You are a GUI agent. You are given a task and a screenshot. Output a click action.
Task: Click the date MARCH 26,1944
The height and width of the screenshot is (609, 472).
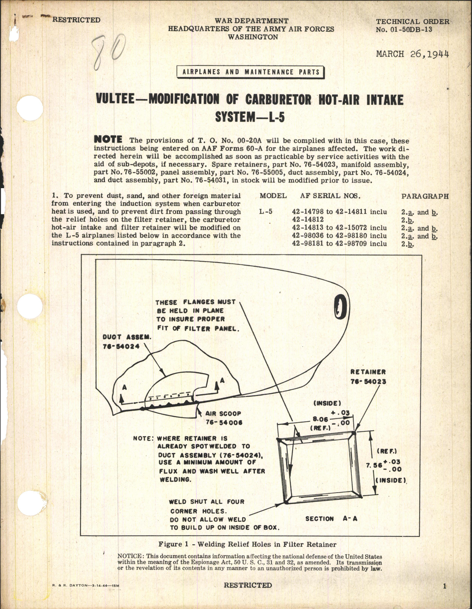(412, 54)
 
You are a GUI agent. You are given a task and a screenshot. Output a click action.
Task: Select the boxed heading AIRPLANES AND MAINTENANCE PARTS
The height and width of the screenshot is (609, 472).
(251, 72)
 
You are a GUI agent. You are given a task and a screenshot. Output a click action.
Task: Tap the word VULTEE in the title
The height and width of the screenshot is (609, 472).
(119, 100)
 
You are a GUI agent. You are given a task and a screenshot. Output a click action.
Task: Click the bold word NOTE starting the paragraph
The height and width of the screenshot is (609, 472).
(108, 140)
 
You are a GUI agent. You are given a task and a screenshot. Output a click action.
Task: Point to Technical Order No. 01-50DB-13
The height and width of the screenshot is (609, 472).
(412, 25)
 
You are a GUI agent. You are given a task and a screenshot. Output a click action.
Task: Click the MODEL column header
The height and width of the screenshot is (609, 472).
(273, 196)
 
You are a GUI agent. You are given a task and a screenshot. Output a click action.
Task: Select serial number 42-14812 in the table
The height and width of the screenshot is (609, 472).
(308, 220)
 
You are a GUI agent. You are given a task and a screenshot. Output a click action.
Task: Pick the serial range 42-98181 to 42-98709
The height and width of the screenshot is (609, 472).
(339, 244)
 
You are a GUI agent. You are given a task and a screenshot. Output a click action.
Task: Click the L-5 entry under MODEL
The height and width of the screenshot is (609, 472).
(266, 211)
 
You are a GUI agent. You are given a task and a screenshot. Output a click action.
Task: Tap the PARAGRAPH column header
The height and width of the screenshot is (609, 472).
(424, 196)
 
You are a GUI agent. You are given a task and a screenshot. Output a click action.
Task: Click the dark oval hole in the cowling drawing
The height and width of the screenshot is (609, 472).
(340, 307)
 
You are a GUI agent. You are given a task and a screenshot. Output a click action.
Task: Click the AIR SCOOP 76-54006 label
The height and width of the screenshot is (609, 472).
(224, 418)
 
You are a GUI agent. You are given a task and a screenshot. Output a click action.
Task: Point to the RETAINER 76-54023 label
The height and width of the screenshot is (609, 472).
(368, 376)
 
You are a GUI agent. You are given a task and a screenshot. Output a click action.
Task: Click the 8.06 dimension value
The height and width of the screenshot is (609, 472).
(320, 419)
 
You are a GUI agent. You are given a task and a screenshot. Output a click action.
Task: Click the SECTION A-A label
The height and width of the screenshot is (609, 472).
(331, 518)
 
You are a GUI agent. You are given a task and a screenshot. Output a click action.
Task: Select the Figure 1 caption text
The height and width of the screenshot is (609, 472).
(247, 544)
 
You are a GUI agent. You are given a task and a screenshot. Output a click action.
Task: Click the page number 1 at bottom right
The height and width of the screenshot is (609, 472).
(445, 586)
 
